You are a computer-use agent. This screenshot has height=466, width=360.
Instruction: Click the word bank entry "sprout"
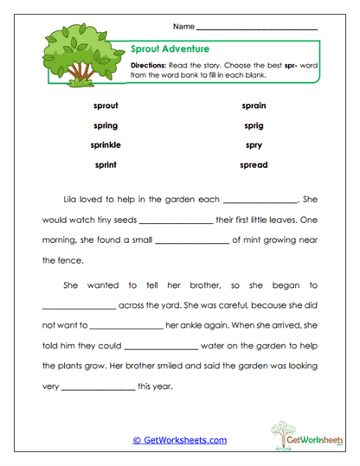(x=105, y=105)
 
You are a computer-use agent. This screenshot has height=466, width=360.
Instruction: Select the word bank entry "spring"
(x=105, y=125)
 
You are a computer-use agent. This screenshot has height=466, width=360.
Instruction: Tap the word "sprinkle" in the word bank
(x=105, y=144)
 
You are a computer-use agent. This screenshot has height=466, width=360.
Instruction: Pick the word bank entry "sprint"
(x=105, y=164)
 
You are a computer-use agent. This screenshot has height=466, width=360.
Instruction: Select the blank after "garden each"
(x=260, y=200)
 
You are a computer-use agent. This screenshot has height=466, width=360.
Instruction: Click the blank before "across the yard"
(x=79, y=307)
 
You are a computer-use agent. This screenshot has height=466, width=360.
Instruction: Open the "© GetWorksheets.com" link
(x=180, y=440)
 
